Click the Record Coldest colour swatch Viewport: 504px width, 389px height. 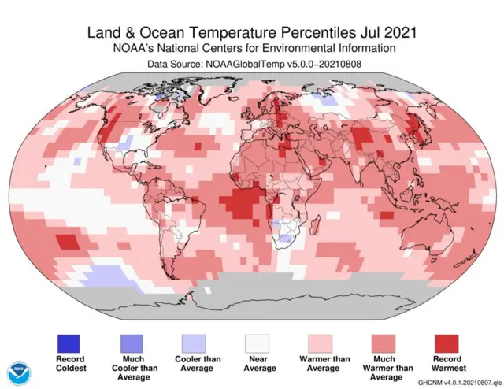click(x=68, y=343)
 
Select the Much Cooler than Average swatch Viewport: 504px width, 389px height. click(x=132, y=343)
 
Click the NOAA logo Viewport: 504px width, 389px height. click(x=17, y=372)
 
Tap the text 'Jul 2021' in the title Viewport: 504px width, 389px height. click(x=386, y=32)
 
